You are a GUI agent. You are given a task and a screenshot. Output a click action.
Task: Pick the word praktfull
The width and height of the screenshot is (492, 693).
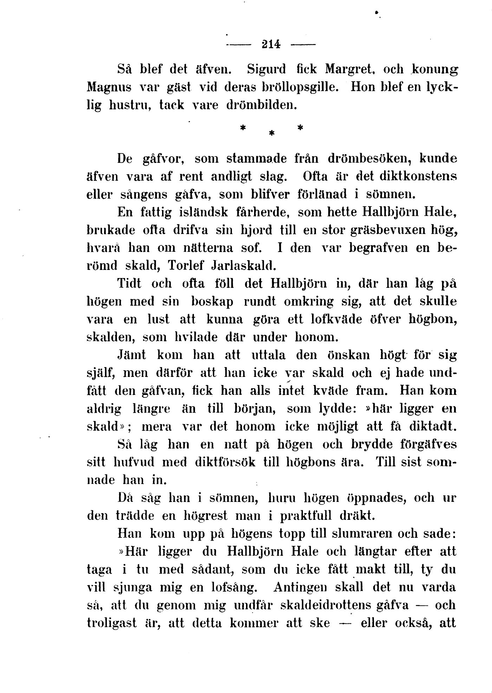point(305,516)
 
